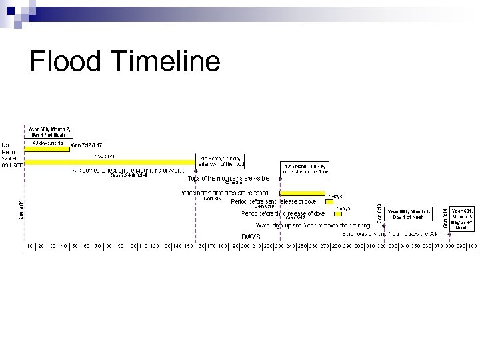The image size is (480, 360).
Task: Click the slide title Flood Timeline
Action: pyautogui.click(x=125, y=62)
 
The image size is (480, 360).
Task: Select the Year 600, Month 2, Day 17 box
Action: pyautogui.click(x=49, y=131)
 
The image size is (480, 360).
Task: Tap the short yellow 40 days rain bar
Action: pyautogui.click(x=48, y=149)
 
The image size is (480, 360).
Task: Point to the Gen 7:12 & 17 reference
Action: pyautogui.click(x=86, y=145)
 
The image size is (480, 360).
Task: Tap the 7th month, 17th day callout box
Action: pyautogui.click(x=222, y=161)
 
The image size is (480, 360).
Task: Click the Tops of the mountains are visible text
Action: pyautogui.click(x=229, y=179)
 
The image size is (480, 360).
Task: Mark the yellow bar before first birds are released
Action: pyautogui.click(x=302, y=193)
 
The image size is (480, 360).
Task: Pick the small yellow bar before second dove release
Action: pyautogui.click(x=329, y=201)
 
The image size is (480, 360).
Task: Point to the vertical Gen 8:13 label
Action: pyautogui.click(x=379, y=213)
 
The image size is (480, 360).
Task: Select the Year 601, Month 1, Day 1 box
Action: pyautogui.click(x=407, y=213)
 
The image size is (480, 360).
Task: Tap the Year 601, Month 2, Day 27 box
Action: pyautogui.click(x=463, y=218)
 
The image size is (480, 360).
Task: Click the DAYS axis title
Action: pyautogui.click(x=251, y=236)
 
